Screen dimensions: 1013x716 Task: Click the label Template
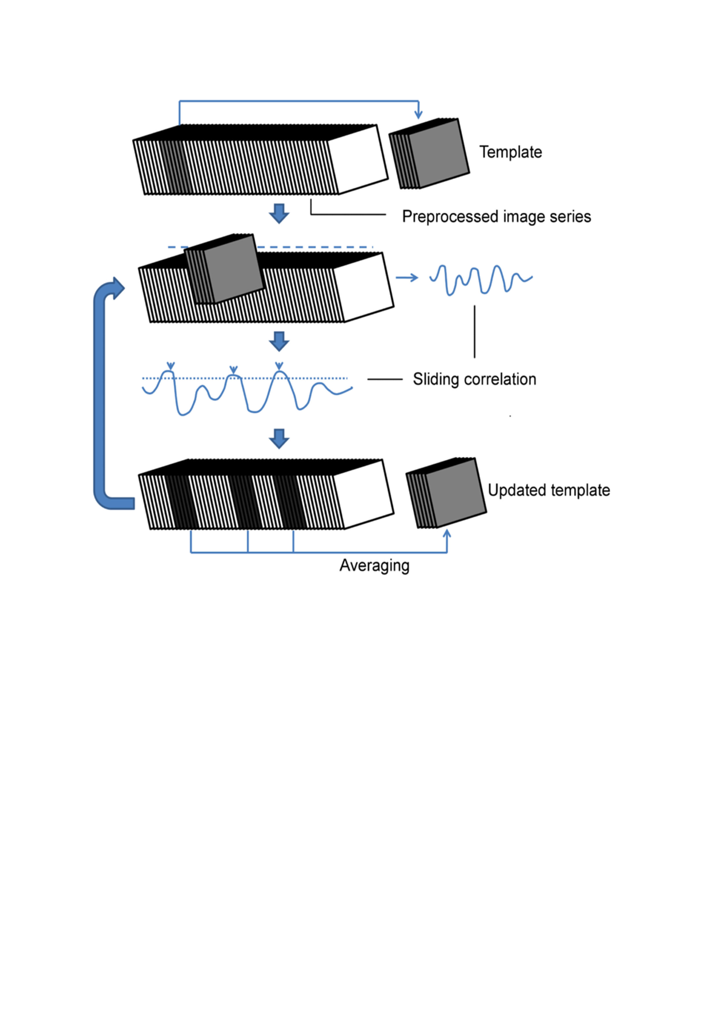pyautogui.click(x=510, y=152)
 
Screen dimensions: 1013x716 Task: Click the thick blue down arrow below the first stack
pyautogui.click(x=279, y=213)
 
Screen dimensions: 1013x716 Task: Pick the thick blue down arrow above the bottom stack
pyautogui.click(x=279, y=439)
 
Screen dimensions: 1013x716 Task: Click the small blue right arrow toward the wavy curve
pyautogui.click(x=407, y=278)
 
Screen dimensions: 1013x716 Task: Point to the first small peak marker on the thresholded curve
pyautogui.click(x=171, y=366)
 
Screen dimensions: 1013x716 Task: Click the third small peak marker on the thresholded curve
pyautogui.click(x=279, y=366)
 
